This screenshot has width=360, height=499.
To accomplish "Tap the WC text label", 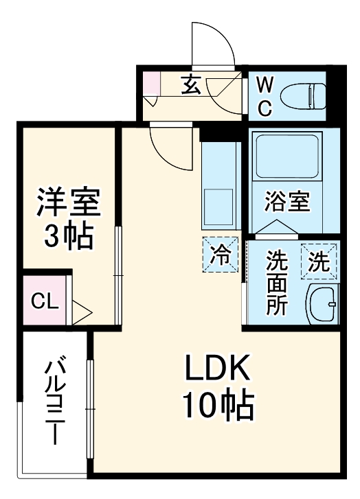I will click(265, 96).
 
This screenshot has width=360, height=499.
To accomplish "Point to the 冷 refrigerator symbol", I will click(221, 255).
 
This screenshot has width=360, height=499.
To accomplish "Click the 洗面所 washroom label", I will click(277, 283).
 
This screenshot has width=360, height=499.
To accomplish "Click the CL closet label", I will click(43, 301).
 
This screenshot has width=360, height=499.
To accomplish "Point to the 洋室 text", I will click(68, 203).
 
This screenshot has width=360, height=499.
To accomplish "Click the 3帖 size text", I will click(68, 237).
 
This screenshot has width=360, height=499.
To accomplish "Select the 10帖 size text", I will click(218, 407).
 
